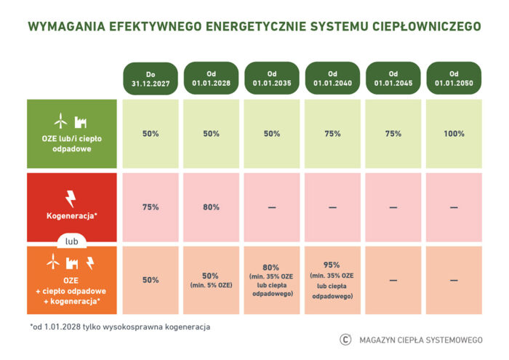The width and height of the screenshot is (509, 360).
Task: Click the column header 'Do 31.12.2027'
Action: point(151,79)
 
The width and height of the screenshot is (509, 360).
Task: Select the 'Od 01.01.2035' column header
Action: point(272,79)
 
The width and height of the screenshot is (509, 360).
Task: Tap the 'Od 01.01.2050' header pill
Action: point(454,79)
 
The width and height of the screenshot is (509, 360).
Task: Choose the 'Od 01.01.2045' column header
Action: point(393,79)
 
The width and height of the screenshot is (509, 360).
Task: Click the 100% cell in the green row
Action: point(454,134)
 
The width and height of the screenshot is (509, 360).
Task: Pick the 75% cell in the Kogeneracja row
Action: point(151,207)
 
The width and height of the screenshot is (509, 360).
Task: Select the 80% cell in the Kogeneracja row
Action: point(212,207)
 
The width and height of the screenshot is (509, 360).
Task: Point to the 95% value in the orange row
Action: point(332,265)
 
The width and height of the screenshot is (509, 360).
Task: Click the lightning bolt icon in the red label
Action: point(71,197)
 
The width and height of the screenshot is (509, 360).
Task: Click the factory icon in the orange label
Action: point(73,263)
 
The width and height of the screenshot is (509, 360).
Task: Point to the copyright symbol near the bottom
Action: point(345,339)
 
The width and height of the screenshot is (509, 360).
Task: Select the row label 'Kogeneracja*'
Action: point(71,217)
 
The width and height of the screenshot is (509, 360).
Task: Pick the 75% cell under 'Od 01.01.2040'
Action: point(332,134)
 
